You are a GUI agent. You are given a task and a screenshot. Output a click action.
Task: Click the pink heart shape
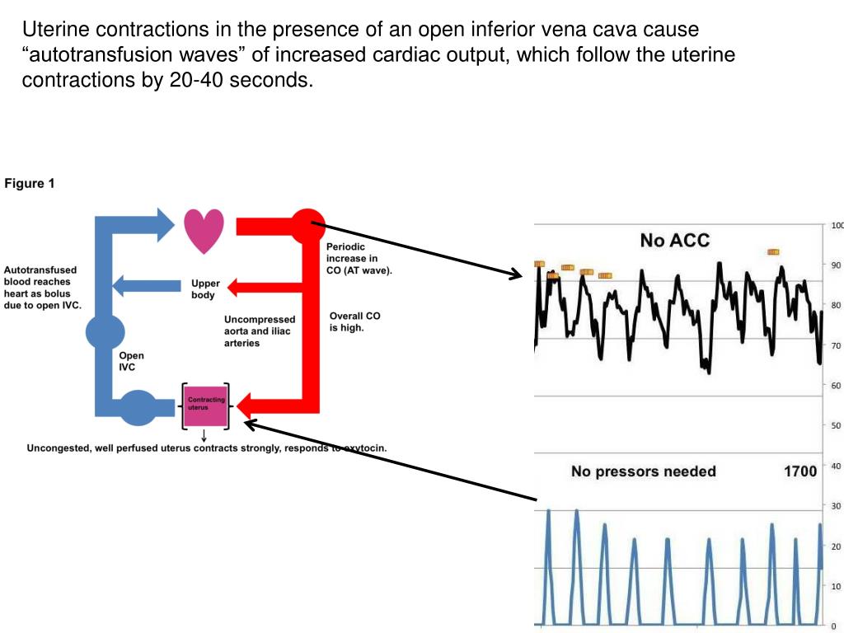[x=204, y=230]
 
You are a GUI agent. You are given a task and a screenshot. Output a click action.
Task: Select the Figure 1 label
[x=30, y=184]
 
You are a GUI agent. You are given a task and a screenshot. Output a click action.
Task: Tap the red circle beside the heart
[x=307, y=225]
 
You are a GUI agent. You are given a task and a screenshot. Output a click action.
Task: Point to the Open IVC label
[x=131, y=362]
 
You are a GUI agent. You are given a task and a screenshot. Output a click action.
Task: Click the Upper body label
[x=205, y=288]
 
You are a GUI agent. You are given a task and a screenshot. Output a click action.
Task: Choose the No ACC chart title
[x=674, y=241]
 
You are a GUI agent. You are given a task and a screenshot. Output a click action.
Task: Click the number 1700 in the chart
[x=799, y=471]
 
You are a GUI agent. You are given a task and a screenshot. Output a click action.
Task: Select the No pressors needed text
[x=643, y=471]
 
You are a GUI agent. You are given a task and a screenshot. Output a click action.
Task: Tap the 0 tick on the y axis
[x=834, y=626]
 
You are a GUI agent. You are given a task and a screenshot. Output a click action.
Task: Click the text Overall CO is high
[x=354, y=321]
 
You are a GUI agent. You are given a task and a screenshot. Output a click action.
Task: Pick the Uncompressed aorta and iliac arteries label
[x=260, y=331]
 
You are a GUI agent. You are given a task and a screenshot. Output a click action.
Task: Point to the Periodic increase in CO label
[x=359, y=258]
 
